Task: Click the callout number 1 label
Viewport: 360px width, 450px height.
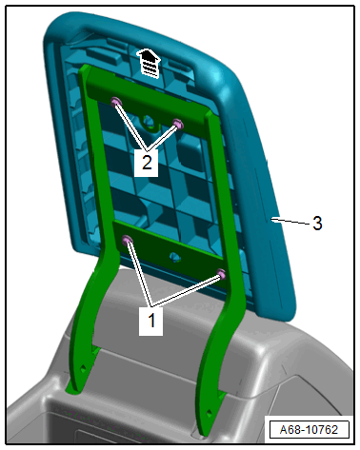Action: pos(151,321)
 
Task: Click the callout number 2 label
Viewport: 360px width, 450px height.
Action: pos(147,163)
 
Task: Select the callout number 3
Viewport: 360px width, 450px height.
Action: pos(317,224)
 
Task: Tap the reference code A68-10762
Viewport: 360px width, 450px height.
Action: pos(309,430)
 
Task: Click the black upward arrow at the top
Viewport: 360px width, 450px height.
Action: pos(148,63)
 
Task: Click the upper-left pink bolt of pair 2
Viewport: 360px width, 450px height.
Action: pos(115,102)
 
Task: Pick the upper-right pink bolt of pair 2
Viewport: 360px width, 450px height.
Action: pos(178,124)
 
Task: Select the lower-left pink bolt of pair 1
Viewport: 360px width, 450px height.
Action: pos(128,240)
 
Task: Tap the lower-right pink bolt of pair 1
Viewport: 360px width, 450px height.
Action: pos(222,274)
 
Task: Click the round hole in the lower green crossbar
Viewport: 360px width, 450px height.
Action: pos(175,257)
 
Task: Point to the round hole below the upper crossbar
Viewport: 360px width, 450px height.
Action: pos(148,121)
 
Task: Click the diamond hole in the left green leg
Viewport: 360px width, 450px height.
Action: pos(83,367)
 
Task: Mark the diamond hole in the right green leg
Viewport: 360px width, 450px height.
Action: pos(210,413)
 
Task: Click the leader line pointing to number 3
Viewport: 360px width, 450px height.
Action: pos(290,222)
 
